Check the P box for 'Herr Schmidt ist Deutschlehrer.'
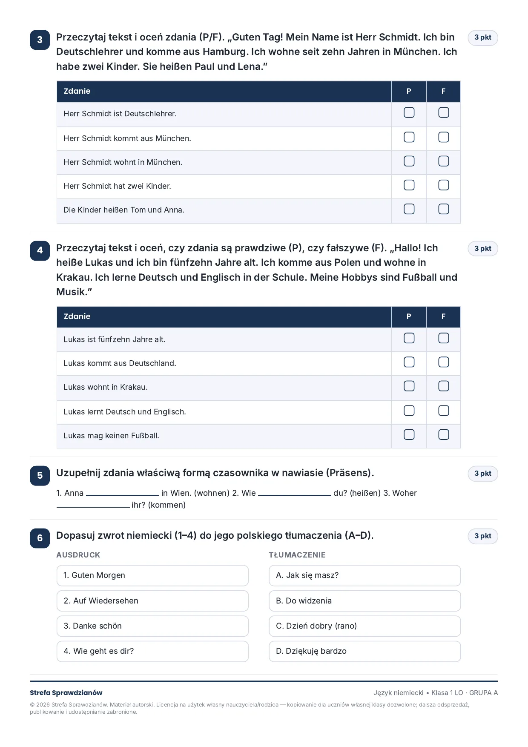click(409, 112)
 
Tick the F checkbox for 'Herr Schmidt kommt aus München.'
click(443, 137)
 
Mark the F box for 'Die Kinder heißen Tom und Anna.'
click(443, 209)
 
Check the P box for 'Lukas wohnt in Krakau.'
click(409, 386)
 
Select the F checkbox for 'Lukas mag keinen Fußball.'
click(443, 434)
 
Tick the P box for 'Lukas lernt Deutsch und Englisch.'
click(409, 411)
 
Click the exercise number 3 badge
click(40, 40)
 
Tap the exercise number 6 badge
click(40, 538)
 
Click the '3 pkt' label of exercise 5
click(483, 474)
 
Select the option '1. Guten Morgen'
click(152, 575)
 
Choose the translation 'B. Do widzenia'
click(364, 601)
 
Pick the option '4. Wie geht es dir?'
click(152, 651)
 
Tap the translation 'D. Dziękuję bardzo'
click(364, 651)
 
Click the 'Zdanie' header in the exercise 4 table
click(77, 316)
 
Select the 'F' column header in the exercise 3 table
click(443, 91)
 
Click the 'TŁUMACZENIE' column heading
click(297, 555)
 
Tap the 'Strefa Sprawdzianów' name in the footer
click(66, 693)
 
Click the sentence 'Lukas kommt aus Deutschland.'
click(120, 363)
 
